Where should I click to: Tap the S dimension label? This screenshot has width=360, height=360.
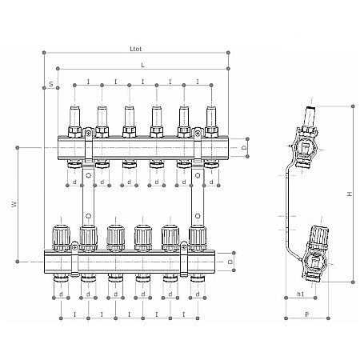50,83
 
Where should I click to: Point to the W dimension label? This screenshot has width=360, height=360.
14,205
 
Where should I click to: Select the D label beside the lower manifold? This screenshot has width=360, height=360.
231,260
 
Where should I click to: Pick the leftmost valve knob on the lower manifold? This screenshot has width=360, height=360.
62,235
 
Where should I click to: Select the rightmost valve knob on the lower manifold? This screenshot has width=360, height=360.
198,235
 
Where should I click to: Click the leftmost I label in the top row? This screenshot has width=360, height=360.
88,82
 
